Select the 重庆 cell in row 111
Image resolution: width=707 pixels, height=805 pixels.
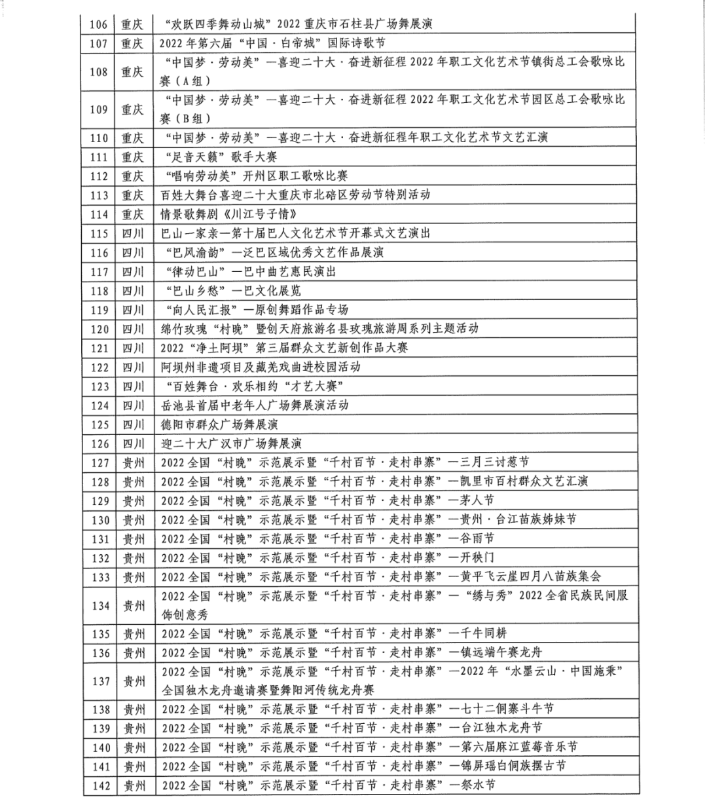click(132, 157)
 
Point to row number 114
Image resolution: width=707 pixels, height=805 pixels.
click(99, 214)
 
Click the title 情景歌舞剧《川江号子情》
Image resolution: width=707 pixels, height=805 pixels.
click(230, 214)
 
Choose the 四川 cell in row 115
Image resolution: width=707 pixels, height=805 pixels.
click(132, 233)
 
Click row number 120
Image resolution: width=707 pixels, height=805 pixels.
click(100, 329)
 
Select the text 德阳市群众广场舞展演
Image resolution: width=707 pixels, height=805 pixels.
click(219, 424)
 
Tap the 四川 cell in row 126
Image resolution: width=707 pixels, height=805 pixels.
click(132, 443)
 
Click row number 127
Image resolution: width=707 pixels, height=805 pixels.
click(100, 463)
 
